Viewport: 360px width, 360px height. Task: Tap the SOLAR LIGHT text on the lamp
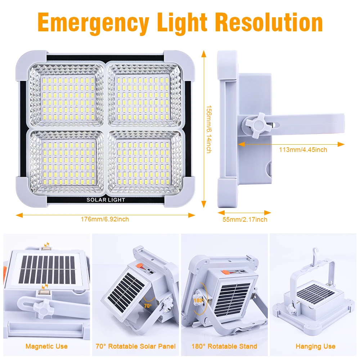pos(105,200)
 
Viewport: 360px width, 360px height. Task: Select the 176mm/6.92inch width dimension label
pos(105,219)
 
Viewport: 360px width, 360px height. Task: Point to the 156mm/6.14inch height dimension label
pos(208,129)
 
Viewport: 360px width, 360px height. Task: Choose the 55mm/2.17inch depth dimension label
pos(245,219)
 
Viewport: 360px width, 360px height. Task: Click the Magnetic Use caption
pos(46,346)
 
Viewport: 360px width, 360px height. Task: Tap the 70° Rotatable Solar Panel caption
pos(136,346)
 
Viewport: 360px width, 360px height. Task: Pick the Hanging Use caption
pos(315,346)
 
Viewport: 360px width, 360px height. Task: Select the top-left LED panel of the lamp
pos(68,95)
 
